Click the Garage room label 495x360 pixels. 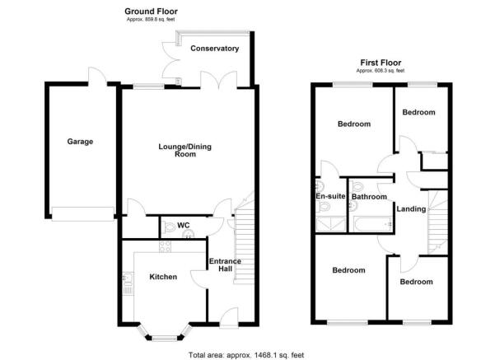coord(80,142)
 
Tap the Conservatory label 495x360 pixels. coord(214,49)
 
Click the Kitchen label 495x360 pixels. coord(162,278)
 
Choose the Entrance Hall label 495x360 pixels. coord(224,266)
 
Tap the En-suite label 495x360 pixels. coord(329,197)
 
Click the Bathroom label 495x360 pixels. coord(369,198)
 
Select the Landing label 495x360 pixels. coord(411,209)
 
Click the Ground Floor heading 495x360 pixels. coord(151,11)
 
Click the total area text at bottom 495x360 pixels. coord(246,354)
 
